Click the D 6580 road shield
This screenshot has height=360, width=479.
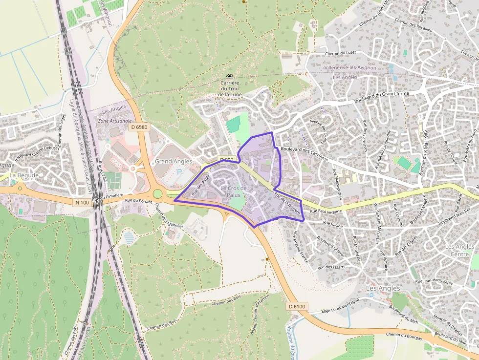pyautogui.click(x=139, y=127)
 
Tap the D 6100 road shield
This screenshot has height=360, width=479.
pyautogui.click(x=297, y=306)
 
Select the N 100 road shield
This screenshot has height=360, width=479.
pyautogui.click(x=83, y=202)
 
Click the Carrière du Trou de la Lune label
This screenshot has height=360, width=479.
pyautogui.click(x=230, y=88)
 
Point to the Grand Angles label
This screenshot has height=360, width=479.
pyautogui.click(x=174, y=161)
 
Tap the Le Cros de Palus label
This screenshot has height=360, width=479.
pyautogui.click(x=234, y=191)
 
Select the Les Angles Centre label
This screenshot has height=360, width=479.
pyautogui.click(x=459, y=250)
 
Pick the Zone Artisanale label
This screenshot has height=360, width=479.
pyautogui.click(x=115, y=121)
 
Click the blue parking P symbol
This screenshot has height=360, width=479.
pyautogui.click(x=179, y=172)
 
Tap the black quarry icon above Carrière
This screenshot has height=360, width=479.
pyautogui.click(x=230, y=76)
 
